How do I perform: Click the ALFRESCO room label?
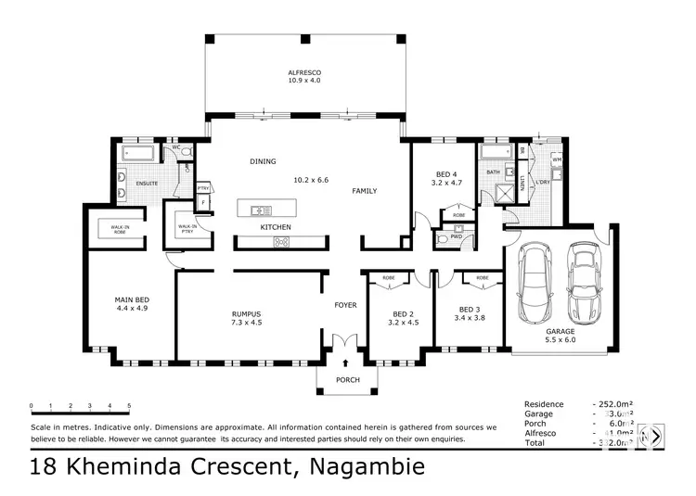click(305, 72)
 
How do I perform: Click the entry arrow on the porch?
click(347, 364)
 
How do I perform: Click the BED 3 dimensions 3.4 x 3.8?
click(471, 318)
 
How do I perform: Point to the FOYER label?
click(346, 304)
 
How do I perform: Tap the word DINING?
click(263, 161)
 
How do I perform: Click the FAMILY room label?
click(364, 191)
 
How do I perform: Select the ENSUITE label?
click(148, 184)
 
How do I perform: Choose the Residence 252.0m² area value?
click(613, 405)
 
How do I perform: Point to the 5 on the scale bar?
click(129, 406)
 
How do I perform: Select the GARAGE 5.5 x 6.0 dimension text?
click(560, 339)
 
